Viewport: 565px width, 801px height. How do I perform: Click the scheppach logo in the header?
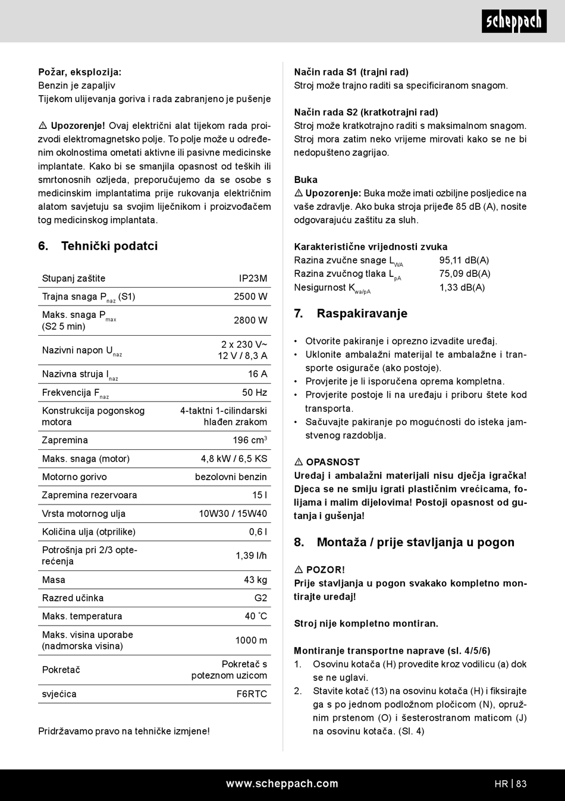(514, 22)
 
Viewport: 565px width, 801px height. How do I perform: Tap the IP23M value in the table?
(253, 278)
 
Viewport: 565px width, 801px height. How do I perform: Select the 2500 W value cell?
(250, 297)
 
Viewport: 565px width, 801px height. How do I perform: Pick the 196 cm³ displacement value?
(250, 440)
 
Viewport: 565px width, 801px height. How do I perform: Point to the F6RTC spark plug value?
(252, 694)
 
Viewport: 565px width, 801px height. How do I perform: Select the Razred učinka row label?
(73, 598)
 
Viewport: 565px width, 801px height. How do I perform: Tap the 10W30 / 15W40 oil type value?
(233, 513)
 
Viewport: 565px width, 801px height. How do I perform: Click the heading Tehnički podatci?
(109, 246)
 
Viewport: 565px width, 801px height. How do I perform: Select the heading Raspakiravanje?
(362, 314)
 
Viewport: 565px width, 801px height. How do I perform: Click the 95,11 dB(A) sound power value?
(464, 260)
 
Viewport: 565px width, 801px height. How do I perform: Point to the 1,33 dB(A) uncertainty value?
(462, 288)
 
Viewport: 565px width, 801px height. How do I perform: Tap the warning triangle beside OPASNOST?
(299, 462)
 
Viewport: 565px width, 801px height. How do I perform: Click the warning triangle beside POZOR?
(299, 570)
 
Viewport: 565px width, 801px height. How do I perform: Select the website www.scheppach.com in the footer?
(282, 784)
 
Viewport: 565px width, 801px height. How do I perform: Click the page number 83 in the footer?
(522, 784)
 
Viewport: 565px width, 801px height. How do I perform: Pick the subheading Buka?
(306, 179)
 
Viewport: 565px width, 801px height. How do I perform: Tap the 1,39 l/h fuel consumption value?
(251, 556)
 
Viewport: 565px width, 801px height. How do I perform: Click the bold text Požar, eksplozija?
(80, 72)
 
